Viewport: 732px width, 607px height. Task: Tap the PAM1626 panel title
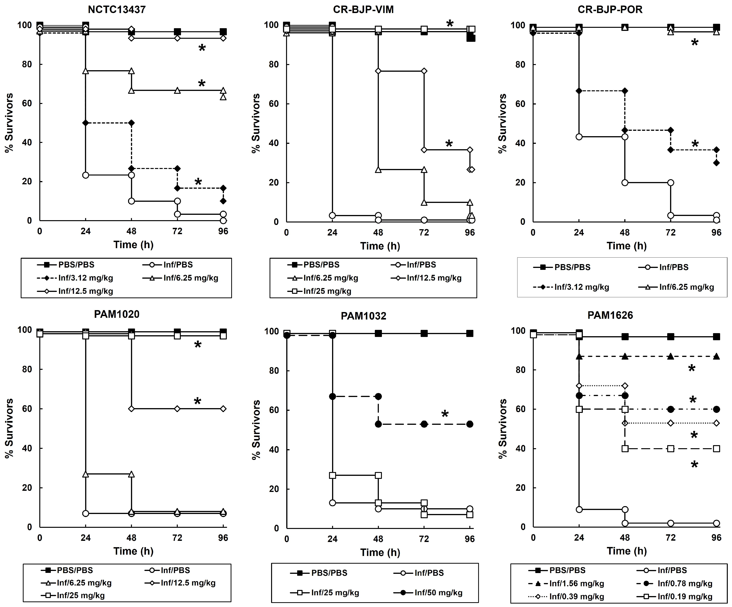[610, 315]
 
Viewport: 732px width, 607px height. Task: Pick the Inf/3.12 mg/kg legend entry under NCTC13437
[85, 278]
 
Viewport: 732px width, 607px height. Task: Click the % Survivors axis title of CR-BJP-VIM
[256, 123]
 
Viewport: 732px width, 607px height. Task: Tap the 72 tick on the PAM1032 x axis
[424, 539]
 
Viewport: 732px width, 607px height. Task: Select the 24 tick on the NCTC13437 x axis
[85, 231]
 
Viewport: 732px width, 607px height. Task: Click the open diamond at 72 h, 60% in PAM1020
[177, 409]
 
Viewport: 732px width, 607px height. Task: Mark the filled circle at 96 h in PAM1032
[470, 424]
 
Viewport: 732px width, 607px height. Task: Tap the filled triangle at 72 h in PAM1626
[670, 356]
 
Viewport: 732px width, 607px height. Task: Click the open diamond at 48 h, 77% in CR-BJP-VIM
[378, 71]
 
